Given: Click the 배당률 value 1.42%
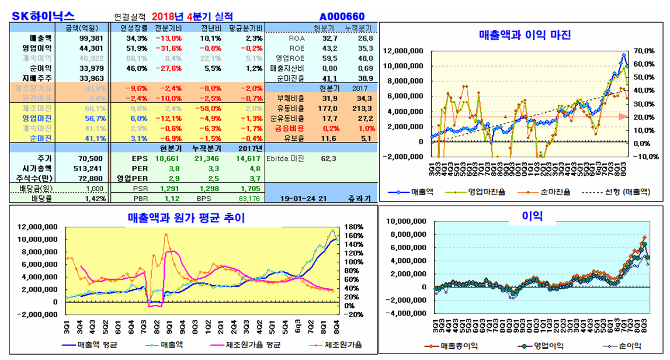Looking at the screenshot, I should point(96,198).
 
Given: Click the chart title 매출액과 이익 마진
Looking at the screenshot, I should point(525,34).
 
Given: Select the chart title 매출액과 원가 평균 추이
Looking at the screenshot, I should point(186,217).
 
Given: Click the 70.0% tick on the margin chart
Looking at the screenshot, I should point(638,51).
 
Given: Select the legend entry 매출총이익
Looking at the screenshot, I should point(459,345).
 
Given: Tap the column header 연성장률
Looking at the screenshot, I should point(133,28).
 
